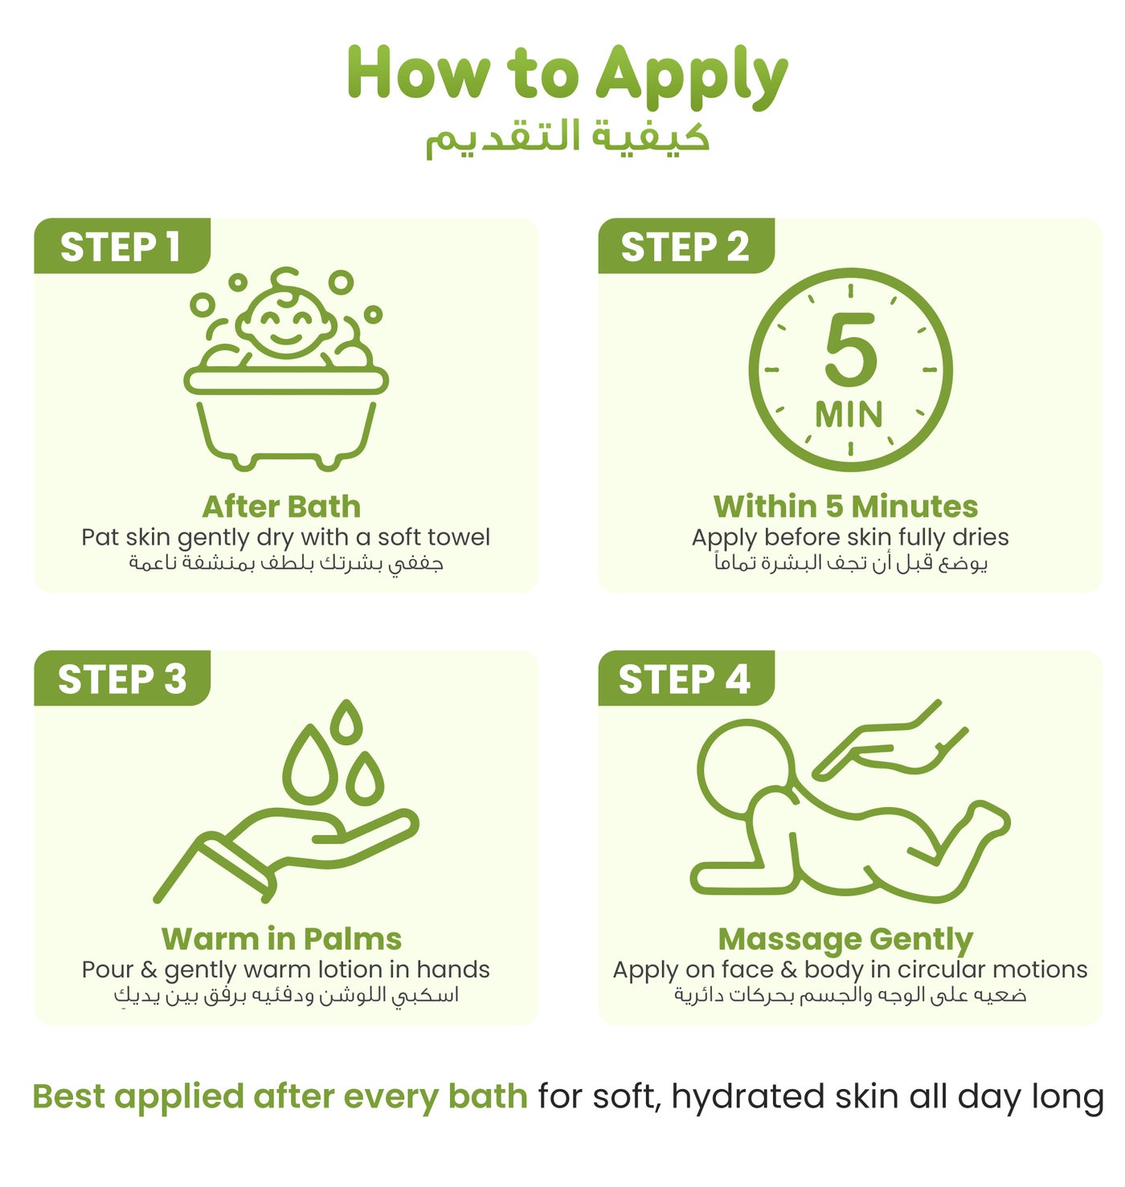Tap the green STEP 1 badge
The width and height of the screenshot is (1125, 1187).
tap(121, 245)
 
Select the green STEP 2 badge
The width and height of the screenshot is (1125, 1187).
tap(685, 245)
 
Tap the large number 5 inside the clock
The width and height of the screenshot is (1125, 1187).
tap(850, 349)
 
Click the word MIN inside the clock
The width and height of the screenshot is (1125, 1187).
tap(849, 414)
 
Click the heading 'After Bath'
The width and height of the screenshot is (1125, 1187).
tap(281, 506)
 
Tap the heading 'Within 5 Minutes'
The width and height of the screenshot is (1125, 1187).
tap(846, 506)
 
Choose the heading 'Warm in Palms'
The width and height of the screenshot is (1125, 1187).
tap(281, 939)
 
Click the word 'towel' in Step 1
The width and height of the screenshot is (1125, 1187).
tap(461, 536)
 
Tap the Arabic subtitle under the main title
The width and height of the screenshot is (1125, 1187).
tap(567, 138)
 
